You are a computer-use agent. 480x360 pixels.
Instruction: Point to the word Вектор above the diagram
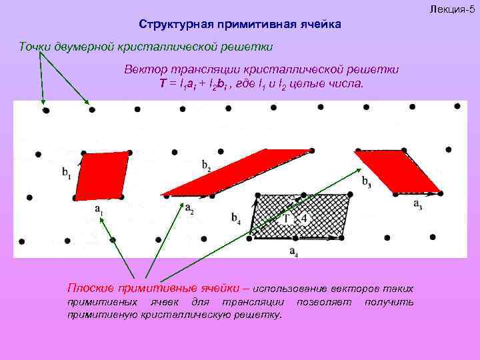(x=145, y=70)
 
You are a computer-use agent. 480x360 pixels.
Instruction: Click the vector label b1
(x=67, y=173)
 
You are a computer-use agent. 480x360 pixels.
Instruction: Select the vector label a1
(x=99, y=211)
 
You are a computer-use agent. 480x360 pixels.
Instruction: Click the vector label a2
(x=189, y=211)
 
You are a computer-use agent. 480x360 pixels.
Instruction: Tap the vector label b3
(x=367, y=180)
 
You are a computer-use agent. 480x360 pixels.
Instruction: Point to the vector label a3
(x=417, y=205)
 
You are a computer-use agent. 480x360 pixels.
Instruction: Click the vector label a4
(x=293, y=251)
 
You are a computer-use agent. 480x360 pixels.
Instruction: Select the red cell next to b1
(x=101, y=176)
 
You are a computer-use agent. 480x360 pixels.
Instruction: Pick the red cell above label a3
(x=397, y=171)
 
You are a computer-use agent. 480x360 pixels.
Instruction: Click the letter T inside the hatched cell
(x=287, y=218)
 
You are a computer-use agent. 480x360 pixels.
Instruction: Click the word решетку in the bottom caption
(x=261, y=314)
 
